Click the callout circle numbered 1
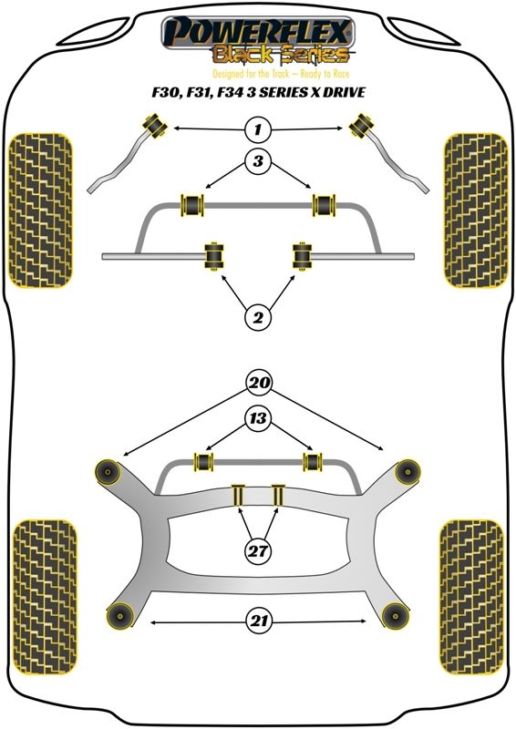258,128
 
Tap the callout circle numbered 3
258,161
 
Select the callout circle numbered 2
258,317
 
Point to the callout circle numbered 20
259,382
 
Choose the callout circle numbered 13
258,418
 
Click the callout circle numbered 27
258,551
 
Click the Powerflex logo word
258,32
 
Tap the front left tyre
41,210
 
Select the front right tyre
475,210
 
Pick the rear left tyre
45,597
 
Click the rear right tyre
472,597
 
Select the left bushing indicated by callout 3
192,204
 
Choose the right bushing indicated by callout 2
303,255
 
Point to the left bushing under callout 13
204,461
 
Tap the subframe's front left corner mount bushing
108,472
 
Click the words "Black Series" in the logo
280,55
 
